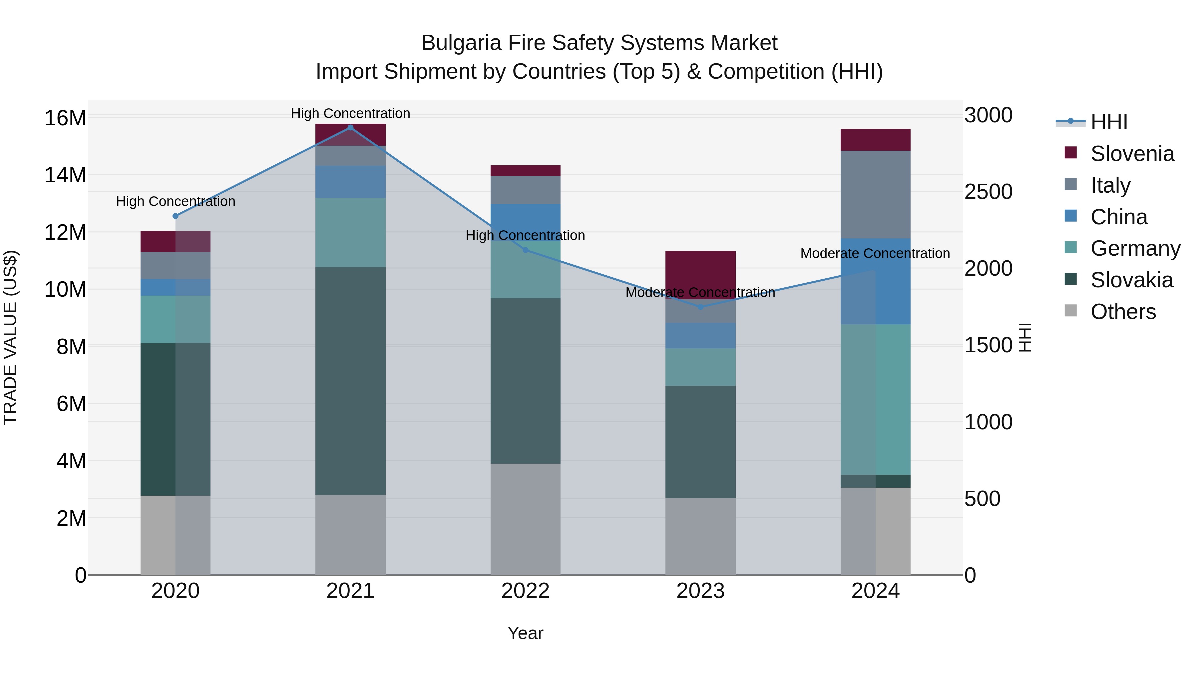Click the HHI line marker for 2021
350,128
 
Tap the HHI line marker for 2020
176,216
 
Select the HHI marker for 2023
700,307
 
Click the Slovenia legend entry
1132,154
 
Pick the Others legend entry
1123,312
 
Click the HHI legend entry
1109,122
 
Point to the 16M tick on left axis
65,118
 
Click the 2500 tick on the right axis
988,191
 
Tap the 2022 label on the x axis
526,591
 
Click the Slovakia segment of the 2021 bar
350,381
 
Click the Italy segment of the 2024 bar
876,194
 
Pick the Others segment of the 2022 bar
526,519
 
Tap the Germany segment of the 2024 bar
876,399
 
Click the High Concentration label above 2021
350,113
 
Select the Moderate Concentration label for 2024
875,253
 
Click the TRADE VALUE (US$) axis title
10,337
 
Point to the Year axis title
526,634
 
